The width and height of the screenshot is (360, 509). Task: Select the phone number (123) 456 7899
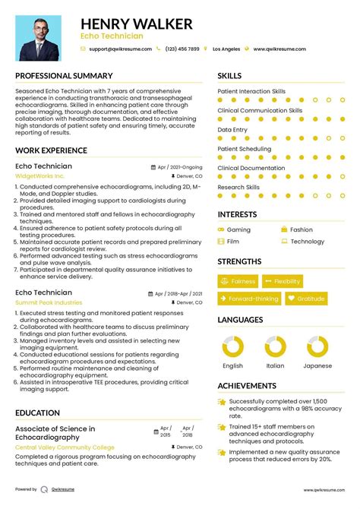coord(182,49)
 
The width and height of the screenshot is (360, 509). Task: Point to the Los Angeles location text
coord(226,49)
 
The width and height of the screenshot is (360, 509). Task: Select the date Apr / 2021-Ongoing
coord(179,166)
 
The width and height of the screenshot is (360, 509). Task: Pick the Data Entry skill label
coord(232,130)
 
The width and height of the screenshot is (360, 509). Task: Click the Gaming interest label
coord(238,229)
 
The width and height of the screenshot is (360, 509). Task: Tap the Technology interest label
coord(307,242)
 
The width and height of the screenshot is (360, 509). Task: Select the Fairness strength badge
coord(238,282)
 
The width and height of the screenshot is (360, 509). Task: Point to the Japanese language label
coord(318,365)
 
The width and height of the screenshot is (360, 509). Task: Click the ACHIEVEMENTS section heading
coord(248,386)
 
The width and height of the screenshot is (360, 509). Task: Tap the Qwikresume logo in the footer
coord(44,490)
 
